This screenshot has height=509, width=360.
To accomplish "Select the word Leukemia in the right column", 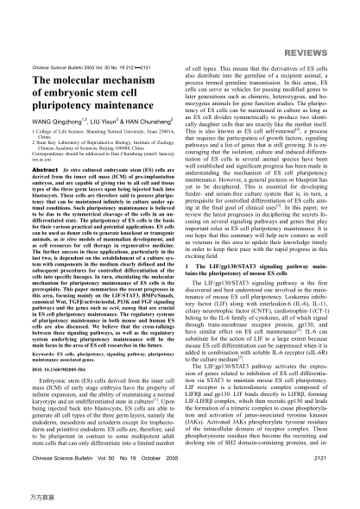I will [313, 260].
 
